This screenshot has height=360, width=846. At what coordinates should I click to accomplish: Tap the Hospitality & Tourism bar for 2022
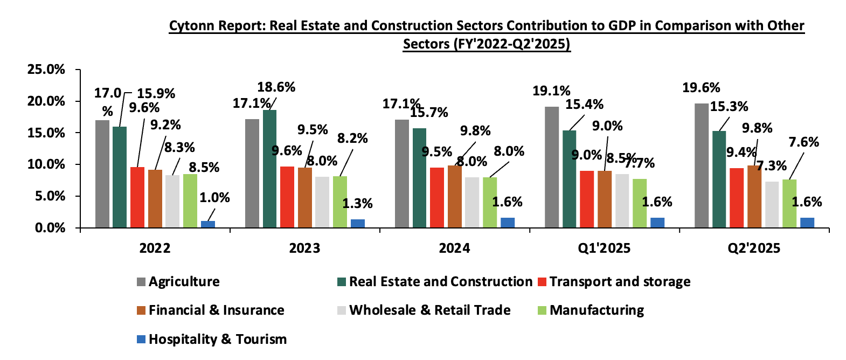[208, 224]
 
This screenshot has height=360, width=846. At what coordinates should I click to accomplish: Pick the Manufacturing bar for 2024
[490, 202]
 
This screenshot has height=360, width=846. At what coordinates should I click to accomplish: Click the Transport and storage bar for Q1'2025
[587, 199]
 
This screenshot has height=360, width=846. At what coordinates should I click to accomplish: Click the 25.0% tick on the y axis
[46, 70]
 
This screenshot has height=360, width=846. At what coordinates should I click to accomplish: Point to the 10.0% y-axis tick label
[46, 164]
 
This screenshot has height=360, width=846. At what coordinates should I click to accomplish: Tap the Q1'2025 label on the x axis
[604, 248]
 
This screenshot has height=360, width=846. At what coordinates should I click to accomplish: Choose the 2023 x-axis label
[304, 248]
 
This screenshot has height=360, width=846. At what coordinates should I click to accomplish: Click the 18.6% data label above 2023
[276, 87]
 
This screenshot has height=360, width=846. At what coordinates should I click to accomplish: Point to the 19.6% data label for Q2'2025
[701, 88]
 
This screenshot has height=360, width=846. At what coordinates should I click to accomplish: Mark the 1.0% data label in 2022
[214, 198]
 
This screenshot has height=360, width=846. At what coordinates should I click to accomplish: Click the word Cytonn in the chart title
[190, 26]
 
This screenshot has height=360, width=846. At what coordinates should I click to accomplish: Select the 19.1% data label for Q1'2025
[551, 91]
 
